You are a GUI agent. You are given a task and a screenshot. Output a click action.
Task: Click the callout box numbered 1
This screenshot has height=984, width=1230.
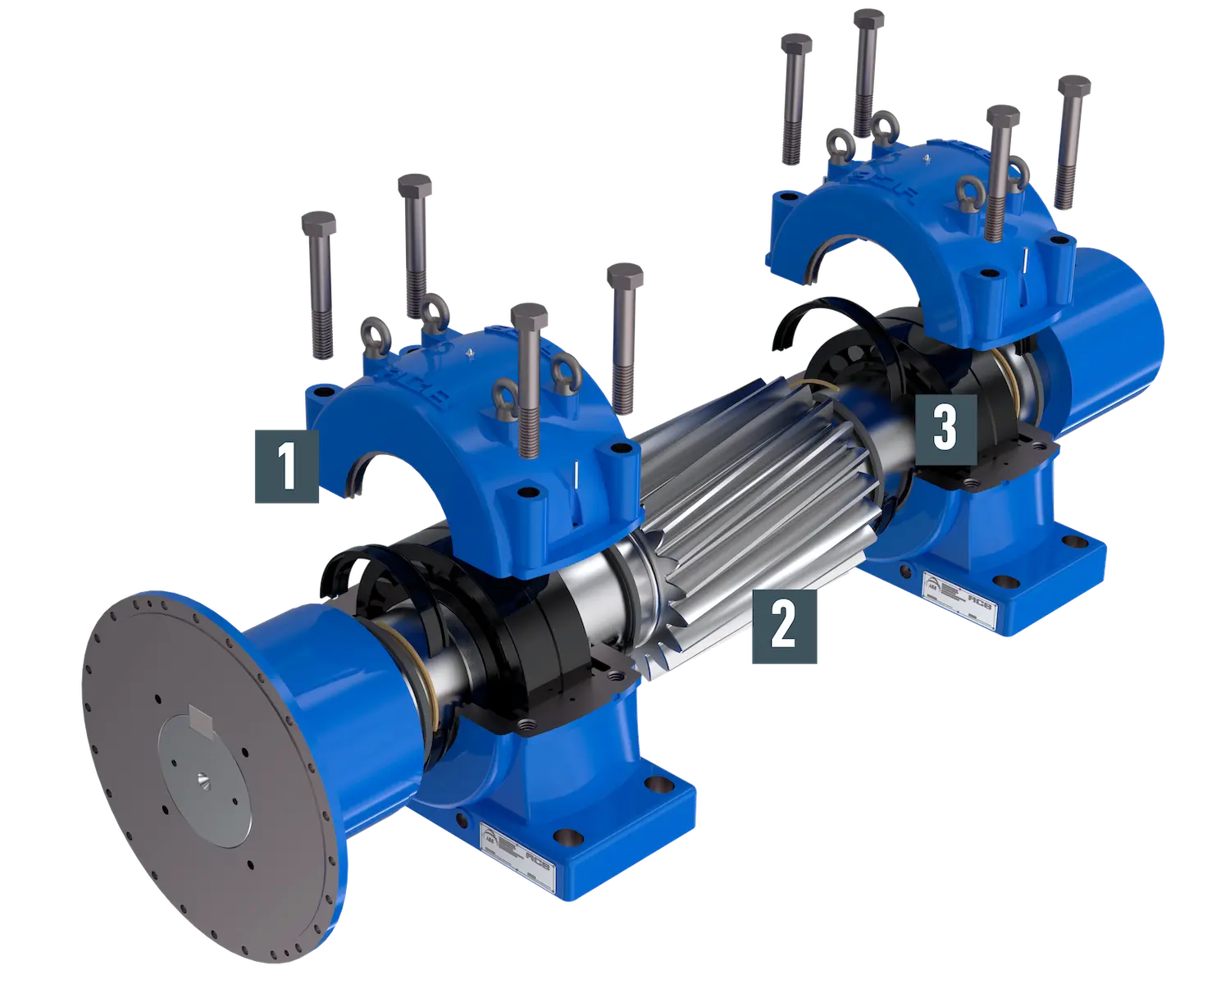pyautogui.click(x=286, y=464)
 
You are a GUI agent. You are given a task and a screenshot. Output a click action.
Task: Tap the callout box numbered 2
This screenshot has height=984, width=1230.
pyautogui.click(x=784, y=626)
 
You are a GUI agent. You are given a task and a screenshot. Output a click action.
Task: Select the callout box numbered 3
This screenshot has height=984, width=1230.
pyautogui.click(x=945, y=429)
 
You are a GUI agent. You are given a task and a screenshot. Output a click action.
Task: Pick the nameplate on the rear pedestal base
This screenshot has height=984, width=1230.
pyautogui.click(x=955, y=590)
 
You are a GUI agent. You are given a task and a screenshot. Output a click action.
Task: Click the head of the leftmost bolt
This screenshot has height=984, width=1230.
pyautogui.click(x=319, y=221)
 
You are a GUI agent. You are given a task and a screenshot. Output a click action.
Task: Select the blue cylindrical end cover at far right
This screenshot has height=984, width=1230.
pyautogui.click(x=1115, y=312)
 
